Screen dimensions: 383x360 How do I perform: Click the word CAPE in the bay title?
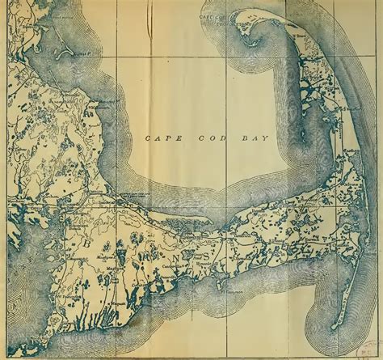pos(158,138)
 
